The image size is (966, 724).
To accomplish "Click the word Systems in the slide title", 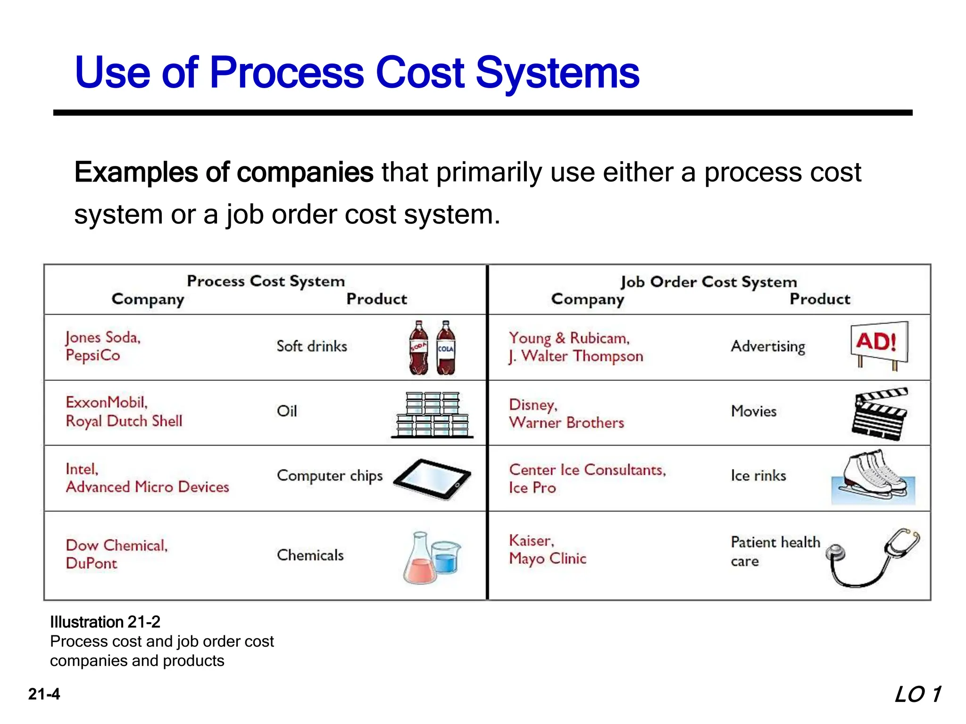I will [x=557, y=73].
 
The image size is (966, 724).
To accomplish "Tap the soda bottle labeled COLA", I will [x=446, y=349].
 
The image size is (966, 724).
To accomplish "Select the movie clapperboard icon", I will [x=880, y=414].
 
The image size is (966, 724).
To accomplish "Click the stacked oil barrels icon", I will [x=432, y=415].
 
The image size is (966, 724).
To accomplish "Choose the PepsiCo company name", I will [x=93, y=355].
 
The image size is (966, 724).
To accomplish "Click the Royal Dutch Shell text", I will [x=124, y=421].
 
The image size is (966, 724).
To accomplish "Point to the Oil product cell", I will [x=287, y=411].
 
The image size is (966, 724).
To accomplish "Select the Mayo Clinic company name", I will [x=548, y=559].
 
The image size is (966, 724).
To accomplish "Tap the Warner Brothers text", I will [x=566, y=423].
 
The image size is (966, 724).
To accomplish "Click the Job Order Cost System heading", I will [x=708, y=282].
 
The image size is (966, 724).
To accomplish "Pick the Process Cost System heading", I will [x=266, y=281].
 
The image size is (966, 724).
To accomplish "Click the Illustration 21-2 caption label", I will [x=105, y=622].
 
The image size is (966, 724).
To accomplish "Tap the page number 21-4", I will [x=44, y=694].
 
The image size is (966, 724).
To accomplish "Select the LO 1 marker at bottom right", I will [x=918, y=695].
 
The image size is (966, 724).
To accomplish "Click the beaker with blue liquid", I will [x=446, y=559].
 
